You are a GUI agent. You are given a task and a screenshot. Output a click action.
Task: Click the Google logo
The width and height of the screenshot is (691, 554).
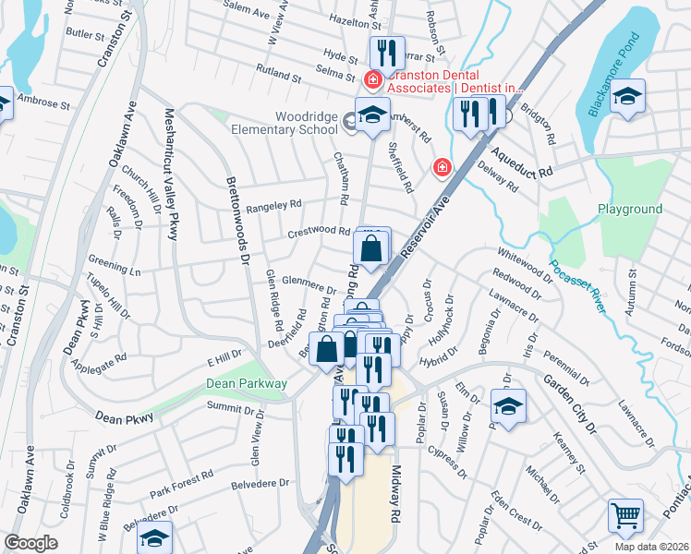click(30, 543)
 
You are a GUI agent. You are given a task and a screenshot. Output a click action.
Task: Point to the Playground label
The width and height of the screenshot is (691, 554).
click(630, 210)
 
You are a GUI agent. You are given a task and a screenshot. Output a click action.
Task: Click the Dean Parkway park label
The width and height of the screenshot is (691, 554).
click(247, 383)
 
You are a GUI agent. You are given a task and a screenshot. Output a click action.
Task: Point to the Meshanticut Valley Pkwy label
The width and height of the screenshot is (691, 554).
click(170, 175)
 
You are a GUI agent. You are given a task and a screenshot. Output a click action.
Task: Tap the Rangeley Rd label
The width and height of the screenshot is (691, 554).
click(274, 204)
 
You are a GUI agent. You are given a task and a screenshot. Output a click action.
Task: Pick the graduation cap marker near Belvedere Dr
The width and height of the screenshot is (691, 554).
click(155, 537)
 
